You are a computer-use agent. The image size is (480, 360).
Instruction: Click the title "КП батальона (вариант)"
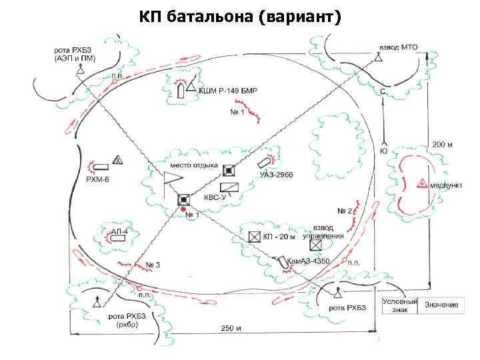click(240, 16)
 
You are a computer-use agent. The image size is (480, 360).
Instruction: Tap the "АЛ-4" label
click(119, 231)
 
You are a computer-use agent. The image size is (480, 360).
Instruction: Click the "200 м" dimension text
click(442, 144)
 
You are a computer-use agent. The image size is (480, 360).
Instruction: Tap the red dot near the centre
click(183, 209)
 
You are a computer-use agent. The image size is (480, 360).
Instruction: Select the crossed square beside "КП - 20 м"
click(253, 236)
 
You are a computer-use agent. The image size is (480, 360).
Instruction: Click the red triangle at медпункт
click(422, 182)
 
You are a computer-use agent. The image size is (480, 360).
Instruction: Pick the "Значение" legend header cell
click(441, 305)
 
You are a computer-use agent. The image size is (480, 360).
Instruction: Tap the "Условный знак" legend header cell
click(399, 305)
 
